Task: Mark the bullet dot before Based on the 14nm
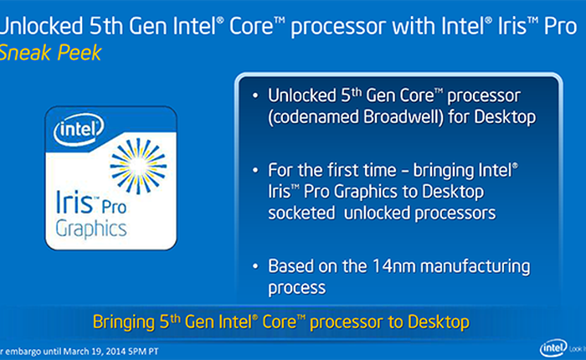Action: point(253,268)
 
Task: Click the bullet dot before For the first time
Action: point(253,171)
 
